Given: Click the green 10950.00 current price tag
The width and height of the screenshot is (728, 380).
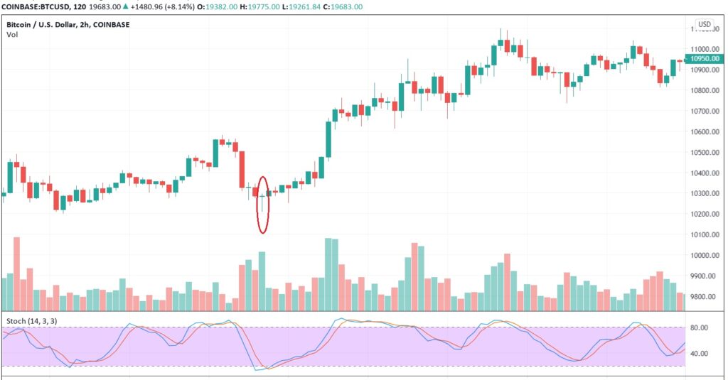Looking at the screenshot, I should pyautogui.click(x=705, y=59).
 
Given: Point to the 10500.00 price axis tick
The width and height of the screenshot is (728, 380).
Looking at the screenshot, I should pyautogui.click(x=705, y=153).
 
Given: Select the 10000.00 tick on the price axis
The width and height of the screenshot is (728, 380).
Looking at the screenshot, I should pyautogui.click(x=705, y=256).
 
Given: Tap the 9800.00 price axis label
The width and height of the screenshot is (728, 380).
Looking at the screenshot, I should pyautogui.click(x=705, y=297).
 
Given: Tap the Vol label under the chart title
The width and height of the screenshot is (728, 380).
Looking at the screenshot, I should pyautogui.click(x=12, y=35).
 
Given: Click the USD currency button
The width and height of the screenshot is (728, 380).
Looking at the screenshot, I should pyautogui.click(x=704, y=24).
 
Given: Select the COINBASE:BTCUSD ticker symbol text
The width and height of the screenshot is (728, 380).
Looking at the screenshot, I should pyautogui.click(x=34, y=6).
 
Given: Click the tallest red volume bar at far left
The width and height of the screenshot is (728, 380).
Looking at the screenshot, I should pyautogui.click(x=16, y=274).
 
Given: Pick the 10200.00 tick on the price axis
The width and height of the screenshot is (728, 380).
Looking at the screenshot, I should pyautogui.click(x=705, y=215).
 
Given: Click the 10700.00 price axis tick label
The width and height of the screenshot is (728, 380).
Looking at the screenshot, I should pyautogui.click(x=705, y=112).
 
